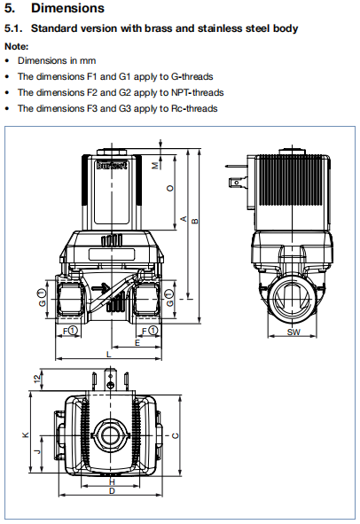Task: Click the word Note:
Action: pos(16,45)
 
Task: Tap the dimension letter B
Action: pos(196,222)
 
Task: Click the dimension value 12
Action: pos(37,379)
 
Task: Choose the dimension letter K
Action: pos(26,434)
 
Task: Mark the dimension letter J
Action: pos(37,451)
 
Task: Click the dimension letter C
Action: pos(176,434)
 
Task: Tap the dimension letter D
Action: pos(111,490)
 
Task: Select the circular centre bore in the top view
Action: pos(111,434)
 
